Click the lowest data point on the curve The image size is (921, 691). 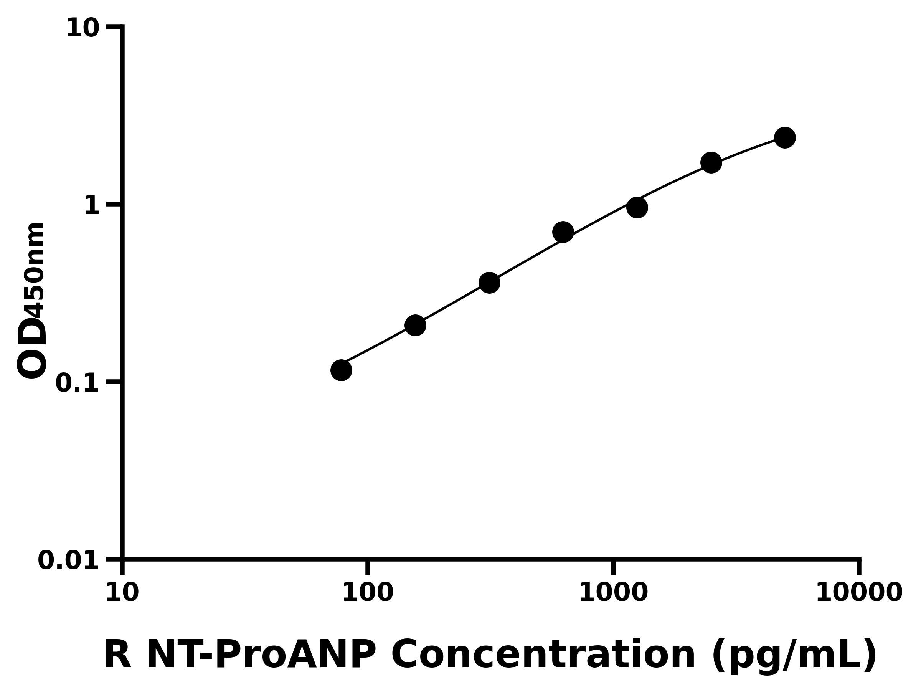point(341,370)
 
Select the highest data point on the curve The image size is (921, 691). point(785,137)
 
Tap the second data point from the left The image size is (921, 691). point(415,325)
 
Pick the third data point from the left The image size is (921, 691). point(489,283)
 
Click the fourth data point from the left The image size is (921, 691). point(563,232)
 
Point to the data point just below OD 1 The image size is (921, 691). point(637,207)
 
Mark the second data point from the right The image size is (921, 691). point(711,162)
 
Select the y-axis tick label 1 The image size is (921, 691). point(92,206)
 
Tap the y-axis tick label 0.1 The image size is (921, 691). point(78,383)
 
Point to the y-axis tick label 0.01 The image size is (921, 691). point(69,560)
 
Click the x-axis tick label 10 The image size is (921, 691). point(122,593)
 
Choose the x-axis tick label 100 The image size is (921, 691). point(368,593)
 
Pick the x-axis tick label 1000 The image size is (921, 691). point(613,593)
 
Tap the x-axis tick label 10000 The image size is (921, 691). point(858,593)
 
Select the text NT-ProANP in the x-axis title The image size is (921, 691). point(261,655)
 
